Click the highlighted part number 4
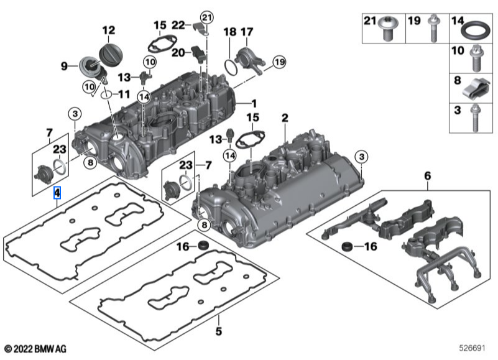click(57, 192)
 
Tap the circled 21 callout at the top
click(206, 16)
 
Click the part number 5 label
click(219, 331)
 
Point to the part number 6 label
click(427, 177)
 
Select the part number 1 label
click(253, 101)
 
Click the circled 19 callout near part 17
click(277, 62)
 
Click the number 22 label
click(178, 25)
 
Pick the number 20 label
click(177, 53)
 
